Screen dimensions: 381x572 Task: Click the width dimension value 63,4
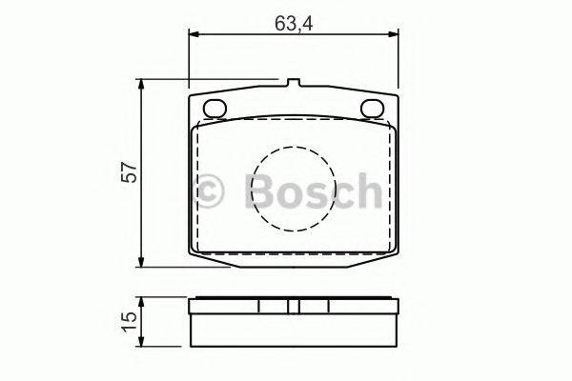pos(295,22)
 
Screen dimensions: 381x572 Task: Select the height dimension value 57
pos(131,172)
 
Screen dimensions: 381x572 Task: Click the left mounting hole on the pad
pos(215,108)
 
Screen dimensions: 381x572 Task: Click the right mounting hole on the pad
pos(373,108)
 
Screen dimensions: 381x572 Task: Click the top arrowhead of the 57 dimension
pos(143,86)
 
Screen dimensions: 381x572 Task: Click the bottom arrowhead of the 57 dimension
pos(143,263)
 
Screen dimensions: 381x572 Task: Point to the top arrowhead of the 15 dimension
pos(143,301)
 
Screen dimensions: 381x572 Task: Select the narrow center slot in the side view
pos(295,307)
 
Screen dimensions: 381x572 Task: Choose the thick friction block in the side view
pos(295,330)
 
